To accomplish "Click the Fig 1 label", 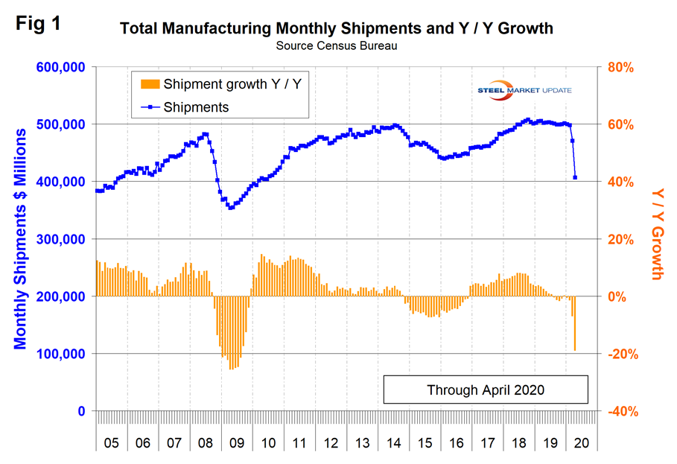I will coord(37,22).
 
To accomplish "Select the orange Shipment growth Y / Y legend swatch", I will coord(148,84).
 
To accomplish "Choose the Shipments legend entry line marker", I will coord(148,107).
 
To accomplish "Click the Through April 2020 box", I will coord(486,390).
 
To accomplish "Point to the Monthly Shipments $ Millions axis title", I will coord(21,238).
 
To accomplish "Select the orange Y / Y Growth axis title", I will coord(656,232).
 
